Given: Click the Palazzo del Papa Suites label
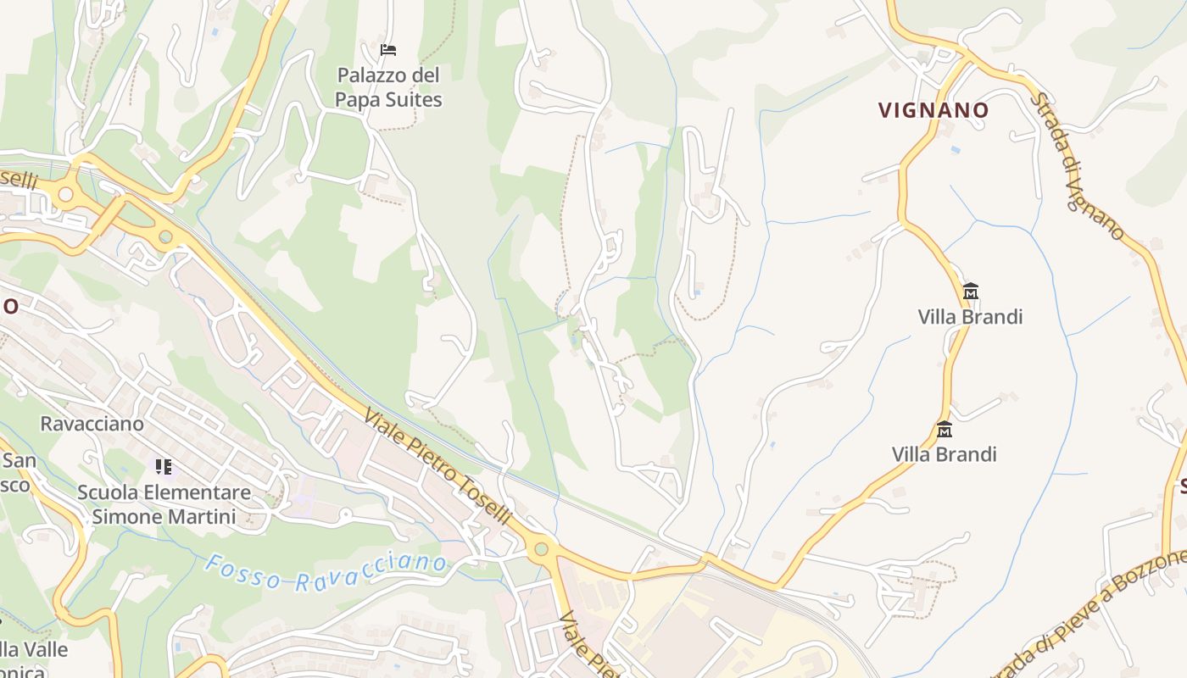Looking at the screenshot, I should point(388,87).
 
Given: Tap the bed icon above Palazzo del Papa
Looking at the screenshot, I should point(388,50).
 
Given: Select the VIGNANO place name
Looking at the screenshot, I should point(933,110).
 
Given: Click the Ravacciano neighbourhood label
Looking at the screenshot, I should point(92,423).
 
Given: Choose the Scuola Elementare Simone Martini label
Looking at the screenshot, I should point(164,504).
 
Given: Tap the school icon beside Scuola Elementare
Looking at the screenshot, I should point(164,466).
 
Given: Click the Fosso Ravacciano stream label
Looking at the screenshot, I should point(326,572).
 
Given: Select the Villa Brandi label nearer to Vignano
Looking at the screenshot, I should point(970,317).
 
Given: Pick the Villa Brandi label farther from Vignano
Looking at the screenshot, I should point(944,454).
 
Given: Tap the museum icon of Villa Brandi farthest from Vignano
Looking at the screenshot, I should point(945,429).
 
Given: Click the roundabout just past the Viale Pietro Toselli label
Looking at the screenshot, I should point(542,548).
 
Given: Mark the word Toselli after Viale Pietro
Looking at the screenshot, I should point(487,503).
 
